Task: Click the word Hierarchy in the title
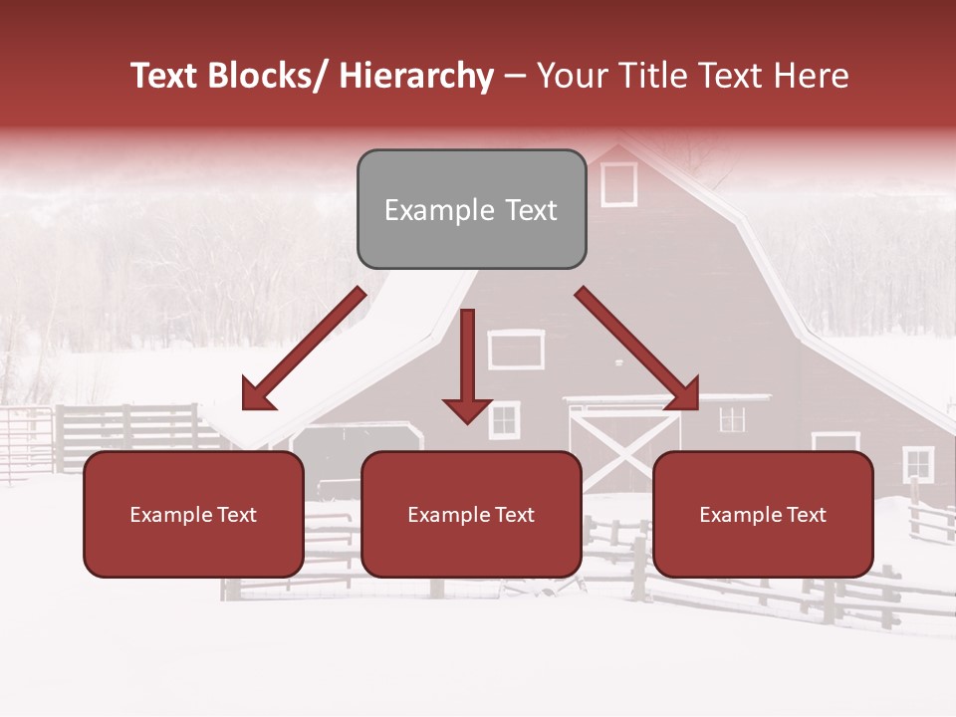click(416, 77)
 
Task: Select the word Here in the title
click(812, 77)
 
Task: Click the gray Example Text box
click(471, 209)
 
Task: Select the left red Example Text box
click(193, 514)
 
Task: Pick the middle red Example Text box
click(471, 514)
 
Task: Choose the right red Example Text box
click(763, 514)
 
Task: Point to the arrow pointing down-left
click(304, 349)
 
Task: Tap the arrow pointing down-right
click(637, 349)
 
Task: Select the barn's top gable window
click(618, 184)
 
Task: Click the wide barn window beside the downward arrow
click(516, 350)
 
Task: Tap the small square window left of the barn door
click(504, 420)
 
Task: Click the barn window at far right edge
click(917, 464)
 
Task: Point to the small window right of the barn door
click(732, 419)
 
